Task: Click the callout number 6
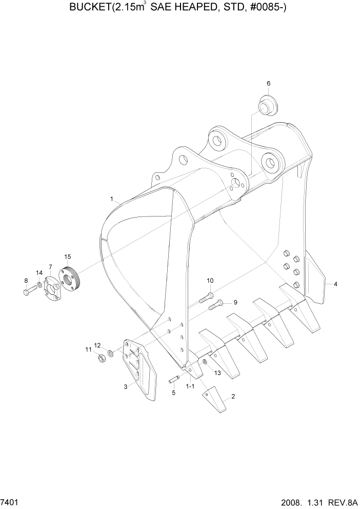click(x=268, y=83)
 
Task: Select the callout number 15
click(x=68, y=256)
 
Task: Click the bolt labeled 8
click(x=29, y=291)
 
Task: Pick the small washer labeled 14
click(x=39, y=284)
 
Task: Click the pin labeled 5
click(x=175, y=380)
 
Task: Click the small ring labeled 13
click(x=205, y=363)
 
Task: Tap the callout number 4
click(x=335, y=284)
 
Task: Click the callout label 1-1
click(x=190, y=385)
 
